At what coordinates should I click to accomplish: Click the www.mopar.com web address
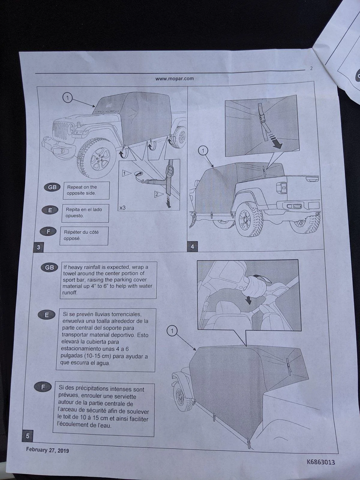pyautogui.click(x=174, y=79)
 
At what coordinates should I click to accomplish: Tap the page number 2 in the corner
pyautogui.click(x=311, y=68)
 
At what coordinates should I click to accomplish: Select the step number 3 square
pyautogui.click(x=38, y=247)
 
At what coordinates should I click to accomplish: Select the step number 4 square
pyautogui.click(x=192, y=247)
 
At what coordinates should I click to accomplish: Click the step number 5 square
pyautogui.click(x=27, y=436)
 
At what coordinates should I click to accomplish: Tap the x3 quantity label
pyautogui.click(x=123, y=208)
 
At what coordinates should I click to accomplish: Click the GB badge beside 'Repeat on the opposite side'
pyautogui.click(x=52, y=187)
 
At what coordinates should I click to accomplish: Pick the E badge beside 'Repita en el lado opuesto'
pyautogui.click(x=50, y=210)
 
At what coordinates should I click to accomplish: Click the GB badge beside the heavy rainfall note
pyautogui.click(x=49, y=267)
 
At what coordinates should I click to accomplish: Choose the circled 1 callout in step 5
pyautogui.click(x=172, y=331)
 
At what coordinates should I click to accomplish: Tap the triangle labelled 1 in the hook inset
pyautogui.click(x=126, y=173)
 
